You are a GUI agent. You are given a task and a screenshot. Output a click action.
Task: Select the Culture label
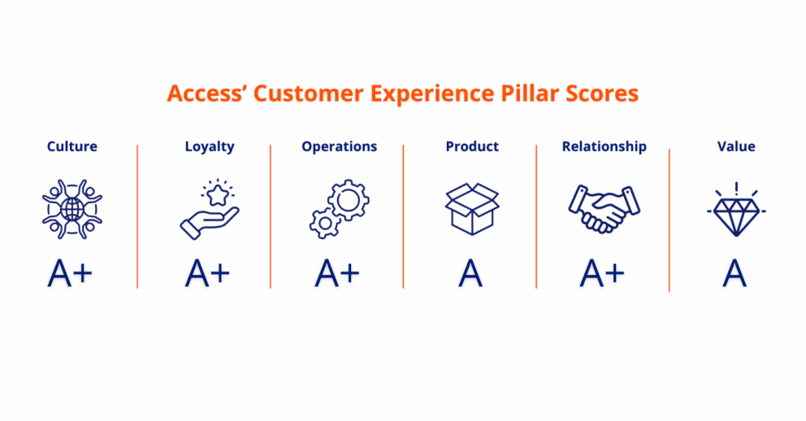72,146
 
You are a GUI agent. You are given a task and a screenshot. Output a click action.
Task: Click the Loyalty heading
210,147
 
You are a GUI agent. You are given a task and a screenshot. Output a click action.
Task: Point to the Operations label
340,147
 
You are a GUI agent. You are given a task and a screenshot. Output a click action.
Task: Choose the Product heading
472,146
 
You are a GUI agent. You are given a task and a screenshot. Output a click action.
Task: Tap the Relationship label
604,147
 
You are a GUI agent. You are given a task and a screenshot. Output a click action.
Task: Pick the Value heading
736,146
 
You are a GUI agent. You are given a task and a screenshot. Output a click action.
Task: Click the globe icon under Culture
72,209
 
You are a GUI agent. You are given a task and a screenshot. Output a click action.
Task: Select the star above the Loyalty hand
218,194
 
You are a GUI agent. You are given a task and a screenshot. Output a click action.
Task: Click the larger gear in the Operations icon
348,201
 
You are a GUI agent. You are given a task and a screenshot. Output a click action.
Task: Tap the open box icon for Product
472,209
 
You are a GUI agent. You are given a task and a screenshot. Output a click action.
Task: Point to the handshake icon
604,209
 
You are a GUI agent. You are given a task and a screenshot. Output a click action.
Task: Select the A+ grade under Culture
70,273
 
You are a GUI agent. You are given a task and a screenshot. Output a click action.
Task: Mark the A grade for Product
470,273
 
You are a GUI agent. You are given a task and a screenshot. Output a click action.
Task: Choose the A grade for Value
734,273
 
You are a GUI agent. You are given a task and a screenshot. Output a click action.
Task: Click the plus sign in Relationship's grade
615,273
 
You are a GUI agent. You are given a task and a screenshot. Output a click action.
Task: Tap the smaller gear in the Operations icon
324,224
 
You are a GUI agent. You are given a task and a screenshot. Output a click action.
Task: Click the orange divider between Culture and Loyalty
137,216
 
